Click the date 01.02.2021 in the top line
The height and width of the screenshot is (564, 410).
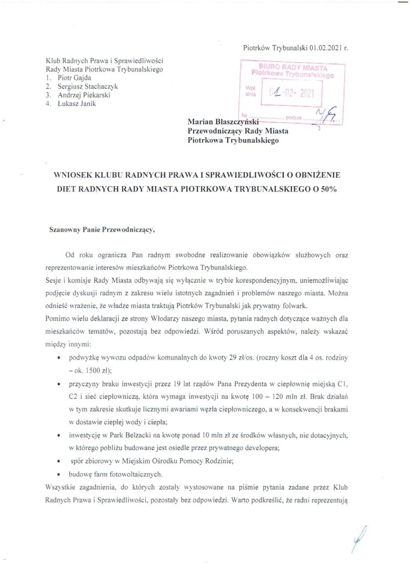pyautogui.click(x=326, y=48)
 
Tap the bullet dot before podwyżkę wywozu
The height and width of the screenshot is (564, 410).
pyautogui.click(x=59, y=357)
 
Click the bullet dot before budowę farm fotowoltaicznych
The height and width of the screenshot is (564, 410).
pyautogui.click(x=59, y=474)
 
